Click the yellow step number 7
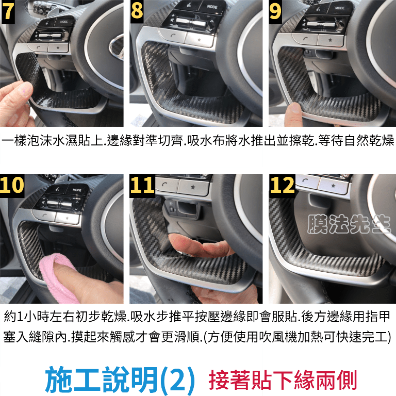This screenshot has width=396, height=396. tap(8, 11)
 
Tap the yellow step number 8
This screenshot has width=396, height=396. tap(137, 11)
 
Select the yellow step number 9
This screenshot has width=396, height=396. tap(275, 11)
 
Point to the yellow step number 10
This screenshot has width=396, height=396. tap(12, 185)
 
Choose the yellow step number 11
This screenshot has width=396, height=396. tap(142, 185)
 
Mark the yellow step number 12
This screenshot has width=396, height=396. tap(282, 185)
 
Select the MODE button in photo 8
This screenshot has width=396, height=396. tap(211, 7)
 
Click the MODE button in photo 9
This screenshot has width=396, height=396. tap(340, 8)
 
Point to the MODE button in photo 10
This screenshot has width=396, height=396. tap(76, 190)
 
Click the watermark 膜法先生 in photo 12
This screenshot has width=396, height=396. tap(349, 224)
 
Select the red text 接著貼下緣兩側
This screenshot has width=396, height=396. tap(283, 381)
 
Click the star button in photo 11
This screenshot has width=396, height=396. tap(193, 187)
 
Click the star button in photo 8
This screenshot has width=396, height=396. tap(200, 40)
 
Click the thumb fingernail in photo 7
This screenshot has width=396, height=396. tap(25, 89)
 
